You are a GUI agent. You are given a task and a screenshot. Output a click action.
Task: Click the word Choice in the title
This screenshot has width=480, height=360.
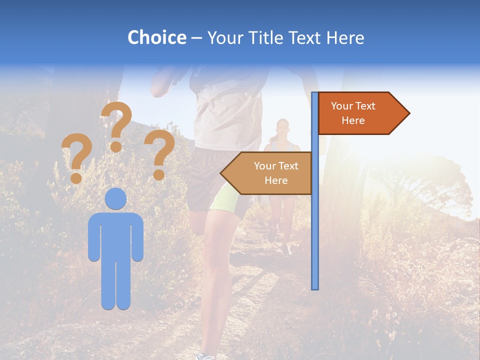156,37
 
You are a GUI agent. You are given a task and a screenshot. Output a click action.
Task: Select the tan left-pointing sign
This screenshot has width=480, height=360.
270,173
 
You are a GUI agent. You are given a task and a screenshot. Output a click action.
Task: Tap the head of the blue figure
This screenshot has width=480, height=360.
116,199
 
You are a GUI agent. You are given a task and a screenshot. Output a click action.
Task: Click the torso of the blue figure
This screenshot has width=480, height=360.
116,235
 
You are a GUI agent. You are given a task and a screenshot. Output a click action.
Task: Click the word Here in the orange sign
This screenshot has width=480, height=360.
353,120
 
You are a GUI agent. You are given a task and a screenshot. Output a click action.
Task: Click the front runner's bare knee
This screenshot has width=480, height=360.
212,260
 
